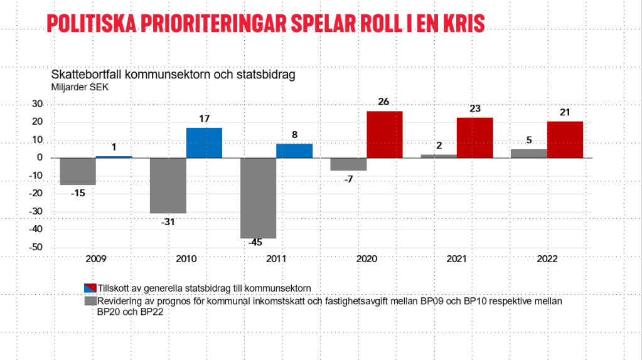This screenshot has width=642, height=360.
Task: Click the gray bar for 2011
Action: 258,198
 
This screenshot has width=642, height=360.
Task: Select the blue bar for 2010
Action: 204,143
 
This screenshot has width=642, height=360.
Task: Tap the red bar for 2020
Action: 385,135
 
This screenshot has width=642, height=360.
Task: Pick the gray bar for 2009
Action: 78,171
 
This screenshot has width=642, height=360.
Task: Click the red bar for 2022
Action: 565,140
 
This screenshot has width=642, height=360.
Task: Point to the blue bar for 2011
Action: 294,151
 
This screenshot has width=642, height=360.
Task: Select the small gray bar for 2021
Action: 439,156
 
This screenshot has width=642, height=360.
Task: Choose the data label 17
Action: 204,119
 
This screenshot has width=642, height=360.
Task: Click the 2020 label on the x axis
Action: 366,259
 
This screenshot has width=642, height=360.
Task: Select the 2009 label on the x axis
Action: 95,259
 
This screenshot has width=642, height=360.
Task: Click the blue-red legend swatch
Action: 90,288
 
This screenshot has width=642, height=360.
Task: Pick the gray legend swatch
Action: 90,301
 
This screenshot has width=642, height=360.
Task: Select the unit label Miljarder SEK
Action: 80,87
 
